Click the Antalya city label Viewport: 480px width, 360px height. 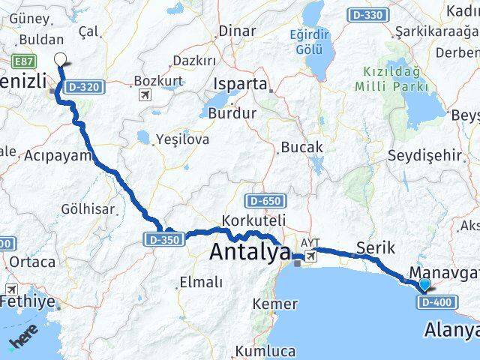coord(249,252)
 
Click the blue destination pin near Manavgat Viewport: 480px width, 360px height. coord(424,284)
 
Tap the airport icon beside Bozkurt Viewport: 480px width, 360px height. coord(145,95)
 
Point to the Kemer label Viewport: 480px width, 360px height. coord(275,304)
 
